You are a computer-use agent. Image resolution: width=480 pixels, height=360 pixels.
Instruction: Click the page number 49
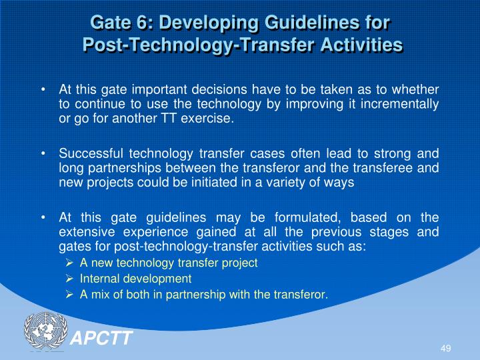tap(446, 349)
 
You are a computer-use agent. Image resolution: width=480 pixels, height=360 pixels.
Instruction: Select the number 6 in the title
tap(138, 23)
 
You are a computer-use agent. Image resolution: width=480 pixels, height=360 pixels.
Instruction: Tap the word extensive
tap(83, 233)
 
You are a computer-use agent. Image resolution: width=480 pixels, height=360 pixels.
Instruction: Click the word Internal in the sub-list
tap(97, 279)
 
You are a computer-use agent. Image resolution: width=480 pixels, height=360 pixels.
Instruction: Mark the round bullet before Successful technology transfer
tap(44, 153)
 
